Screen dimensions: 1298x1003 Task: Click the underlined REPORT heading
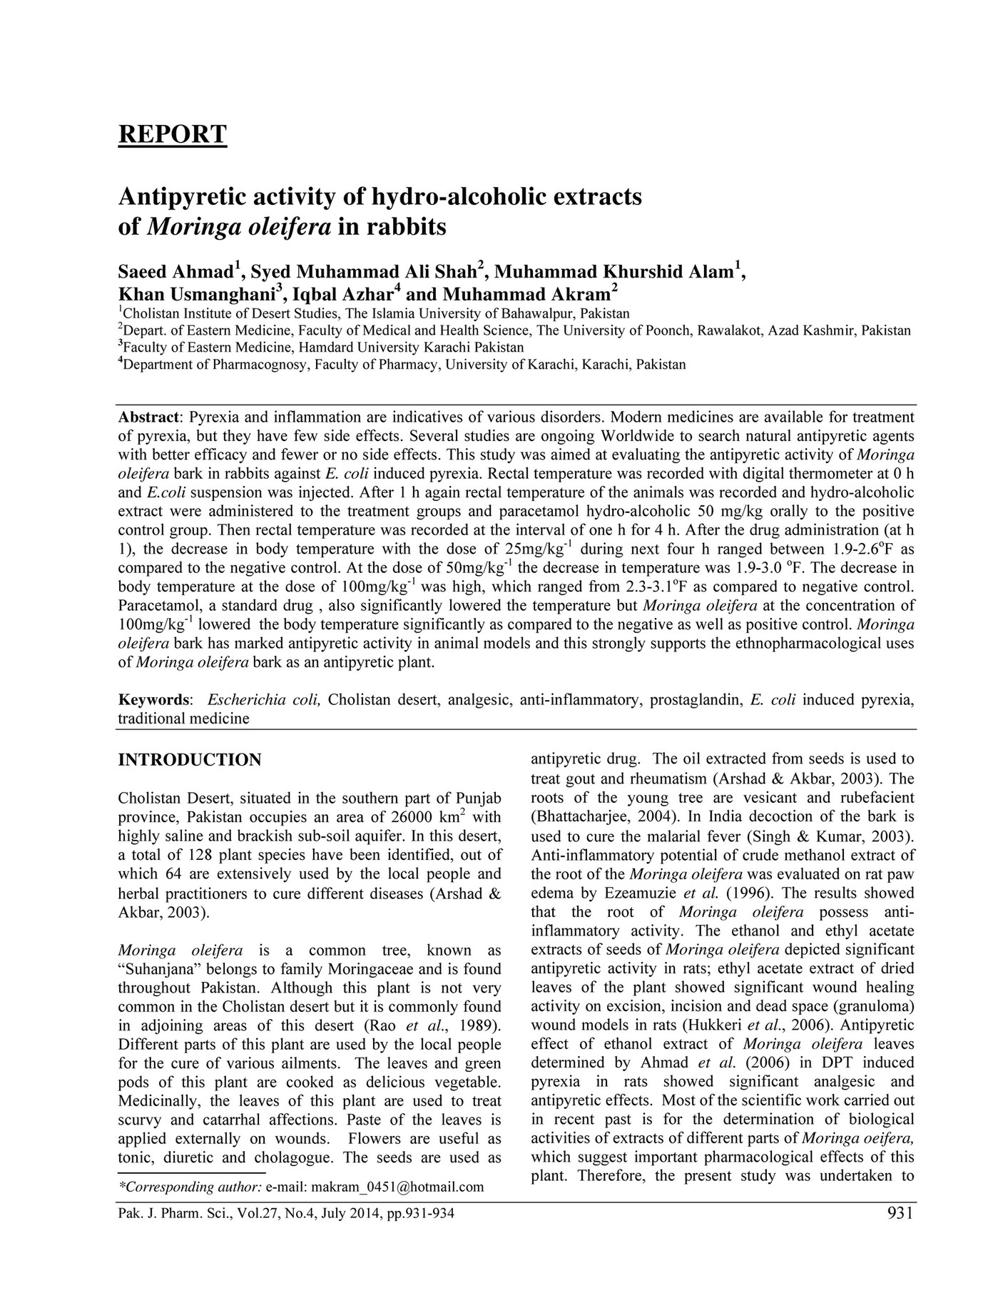coord(172,134)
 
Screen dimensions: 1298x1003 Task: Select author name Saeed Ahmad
coord(175,273)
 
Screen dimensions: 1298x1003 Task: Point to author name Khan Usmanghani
coord(197,295)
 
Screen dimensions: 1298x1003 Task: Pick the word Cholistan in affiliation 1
coord(153,313)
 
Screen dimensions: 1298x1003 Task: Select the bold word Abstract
coord(148,417)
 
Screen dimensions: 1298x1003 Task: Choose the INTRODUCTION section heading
coord(189,760)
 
